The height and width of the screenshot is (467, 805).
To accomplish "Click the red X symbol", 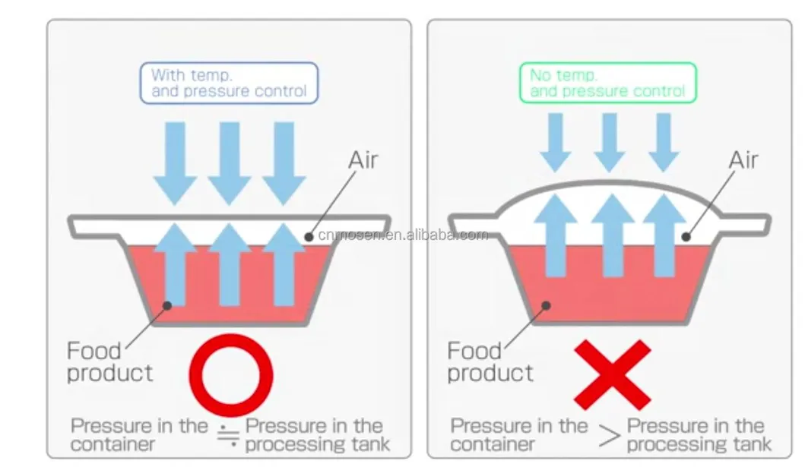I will click(x=613, y=375).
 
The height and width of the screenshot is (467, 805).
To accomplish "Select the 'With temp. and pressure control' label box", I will click(x=228, y=83).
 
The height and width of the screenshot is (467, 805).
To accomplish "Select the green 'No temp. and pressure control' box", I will click(x=607, y=83).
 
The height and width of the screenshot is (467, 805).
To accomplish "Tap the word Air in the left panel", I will click(x=363, y=161).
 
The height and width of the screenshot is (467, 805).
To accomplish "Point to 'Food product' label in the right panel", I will click(x=490, y=362).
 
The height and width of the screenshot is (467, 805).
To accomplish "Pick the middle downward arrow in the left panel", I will click(x=229, y=162).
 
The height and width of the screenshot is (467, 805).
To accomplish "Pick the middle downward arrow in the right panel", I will click(x=610, y=141).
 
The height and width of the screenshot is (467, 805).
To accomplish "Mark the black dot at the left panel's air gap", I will click(x=309, y=236).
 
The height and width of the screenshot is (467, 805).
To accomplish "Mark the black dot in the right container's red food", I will click(x=544, y=305).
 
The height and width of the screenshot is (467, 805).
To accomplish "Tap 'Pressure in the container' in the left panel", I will click(x=138, y=434).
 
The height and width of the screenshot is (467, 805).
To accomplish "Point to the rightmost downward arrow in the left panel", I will click(x=284, y=162).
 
